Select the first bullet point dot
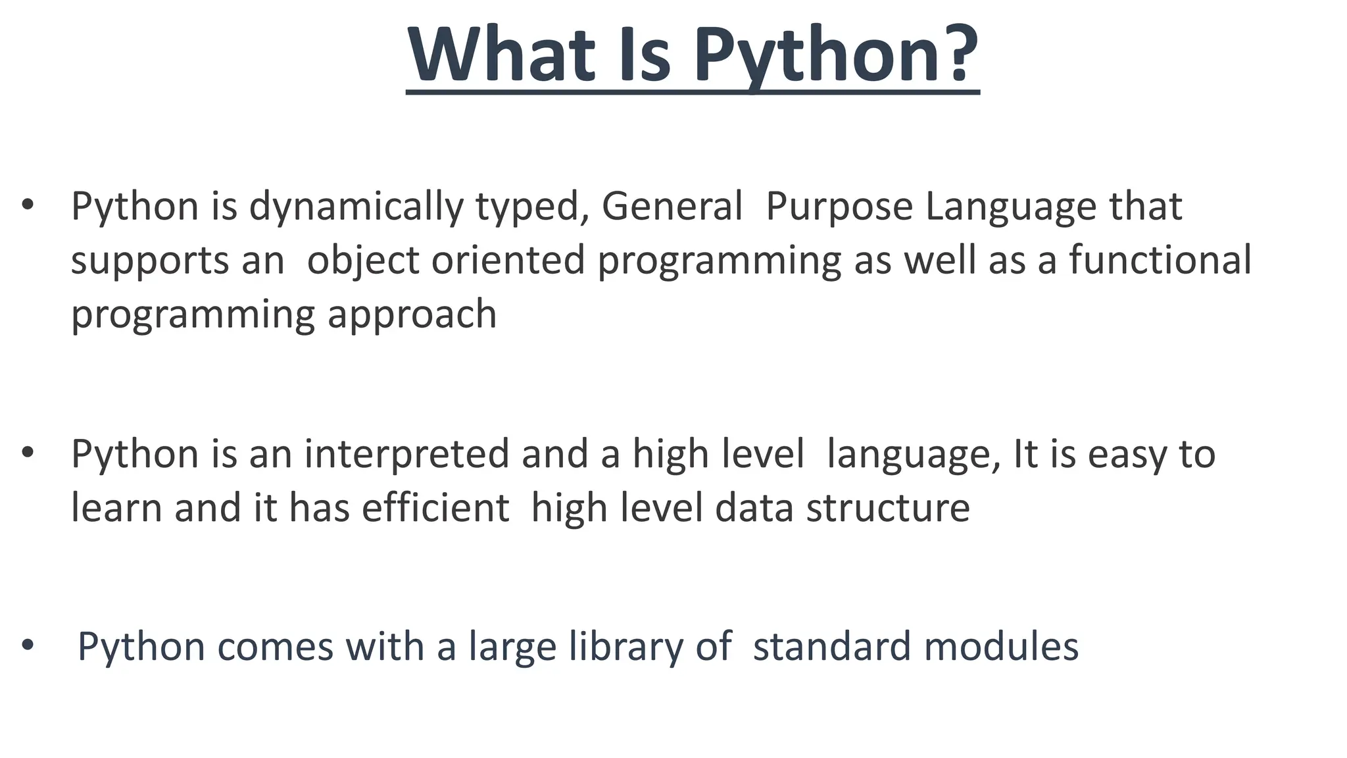(27, 205)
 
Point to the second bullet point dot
(27, 453)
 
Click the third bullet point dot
(27, 645)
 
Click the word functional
(1160, 259)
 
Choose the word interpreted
(406, 455)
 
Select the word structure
(888, 508)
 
